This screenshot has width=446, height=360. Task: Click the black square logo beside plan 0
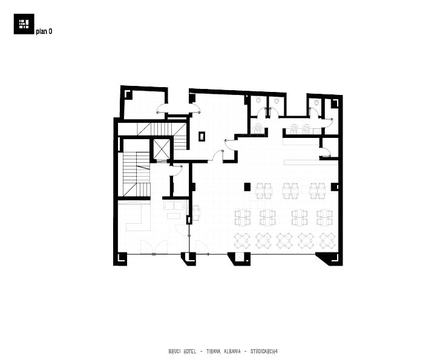pos(24,24)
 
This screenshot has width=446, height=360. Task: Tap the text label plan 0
pos(44,31)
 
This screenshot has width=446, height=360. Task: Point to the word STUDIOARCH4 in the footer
pos(264,352)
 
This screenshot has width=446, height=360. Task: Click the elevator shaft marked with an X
pos(162,149)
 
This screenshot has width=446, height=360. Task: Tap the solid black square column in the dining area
pos(247,186)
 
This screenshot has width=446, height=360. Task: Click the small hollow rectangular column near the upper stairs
pos(202,136)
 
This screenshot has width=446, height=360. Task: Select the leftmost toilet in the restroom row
pos(258,100)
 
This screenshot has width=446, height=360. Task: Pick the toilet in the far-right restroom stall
pos(315,102)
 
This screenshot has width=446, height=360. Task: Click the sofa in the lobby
pos(174,205)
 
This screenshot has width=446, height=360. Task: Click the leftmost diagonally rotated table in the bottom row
pos(242,241)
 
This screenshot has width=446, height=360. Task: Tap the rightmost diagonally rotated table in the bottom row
pos(327,241)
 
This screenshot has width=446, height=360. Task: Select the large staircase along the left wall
pos(137,174)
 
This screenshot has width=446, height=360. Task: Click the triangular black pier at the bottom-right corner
pos(328,259)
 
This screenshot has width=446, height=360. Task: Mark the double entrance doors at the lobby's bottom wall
pos(154,247)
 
